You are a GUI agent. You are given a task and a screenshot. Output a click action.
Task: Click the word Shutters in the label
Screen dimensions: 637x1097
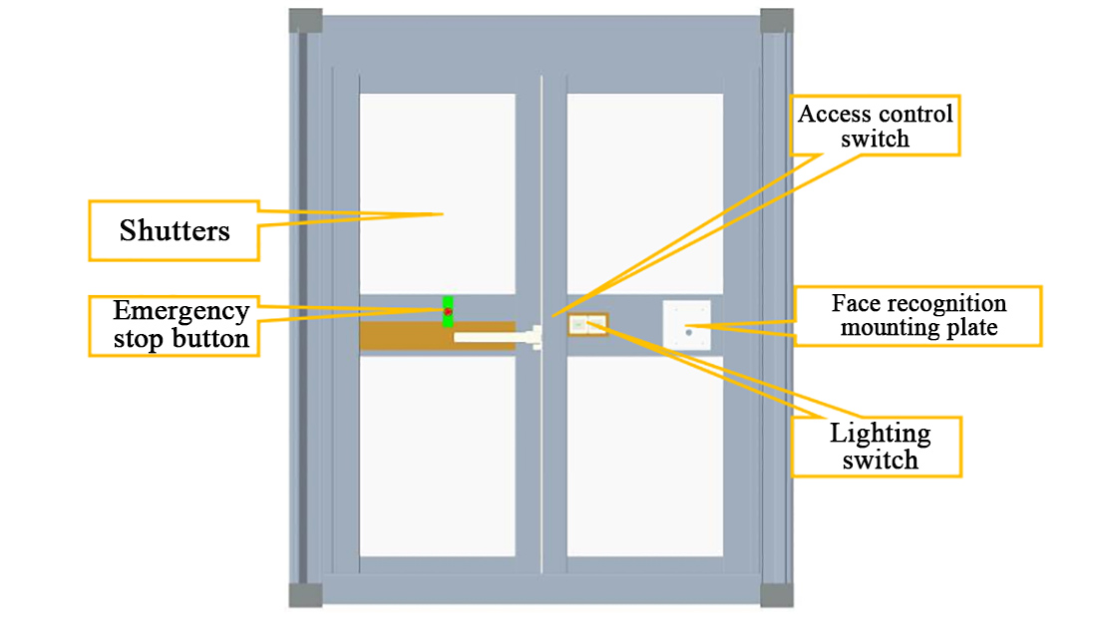coord(175,231)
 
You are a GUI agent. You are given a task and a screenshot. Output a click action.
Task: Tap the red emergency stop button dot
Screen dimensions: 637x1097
coord(449,312)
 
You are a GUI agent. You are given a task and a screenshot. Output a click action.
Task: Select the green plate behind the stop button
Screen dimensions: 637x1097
coord(449,301)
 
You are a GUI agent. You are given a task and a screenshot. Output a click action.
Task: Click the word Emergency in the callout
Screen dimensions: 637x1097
coord(181,310)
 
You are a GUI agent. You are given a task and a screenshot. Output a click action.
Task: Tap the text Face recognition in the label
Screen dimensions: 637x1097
coord(918,303)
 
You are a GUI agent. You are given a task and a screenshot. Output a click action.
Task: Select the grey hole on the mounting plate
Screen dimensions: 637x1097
coord(688,333)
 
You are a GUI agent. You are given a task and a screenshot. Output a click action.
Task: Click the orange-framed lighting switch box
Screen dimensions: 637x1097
coord(587,324)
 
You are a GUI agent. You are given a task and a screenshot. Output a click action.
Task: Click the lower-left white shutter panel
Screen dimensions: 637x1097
coord(438,456)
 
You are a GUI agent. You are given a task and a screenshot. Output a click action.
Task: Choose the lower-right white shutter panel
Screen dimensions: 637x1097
coord(644,456)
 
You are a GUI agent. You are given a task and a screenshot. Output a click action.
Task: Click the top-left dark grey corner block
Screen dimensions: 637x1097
coord(305,21)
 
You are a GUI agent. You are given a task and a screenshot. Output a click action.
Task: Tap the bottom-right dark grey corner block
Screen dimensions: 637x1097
coord(777,595)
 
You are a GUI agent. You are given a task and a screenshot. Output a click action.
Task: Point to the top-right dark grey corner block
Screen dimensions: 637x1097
coord(777,21)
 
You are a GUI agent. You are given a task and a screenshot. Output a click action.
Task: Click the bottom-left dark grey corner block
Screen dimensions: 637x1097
coord(305,595)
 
